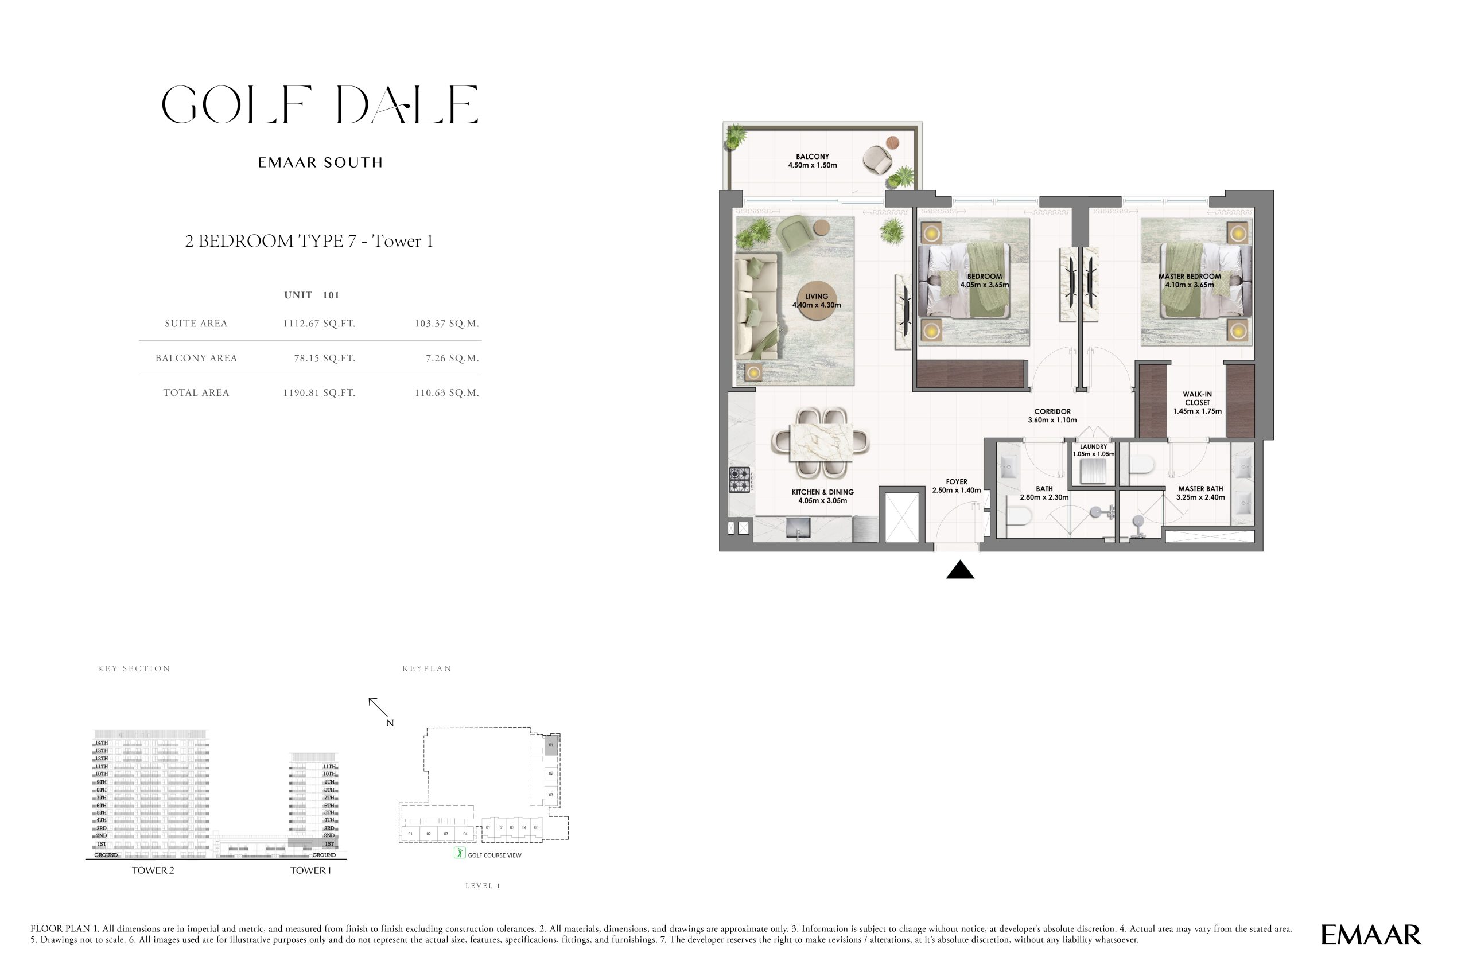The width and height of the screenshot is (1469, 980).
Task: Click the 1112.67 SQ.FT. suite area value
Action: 319,324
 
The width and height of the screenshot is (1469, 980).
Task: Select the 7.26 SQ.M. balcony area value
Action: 452,359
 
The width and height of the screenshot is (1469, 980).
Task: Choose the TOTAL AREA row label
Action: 196,393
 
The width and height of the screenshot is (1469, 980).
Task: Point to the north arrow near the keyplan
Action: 378,707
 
